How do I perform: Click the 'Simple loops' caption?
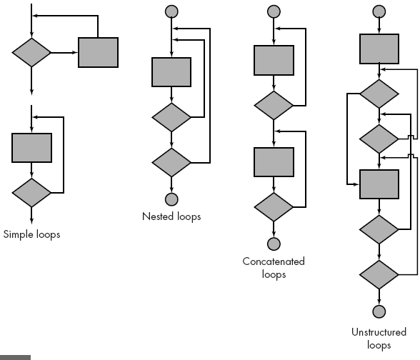[x=32, y=234]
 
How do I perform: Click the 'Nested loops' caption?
[x=171, y=216]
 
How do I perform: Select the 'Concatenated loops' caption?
[x=274, y=267]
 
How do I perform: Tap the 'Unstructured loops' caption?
[x=379, y=339]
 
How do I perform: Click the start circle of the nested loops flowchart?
[x=171, y=11]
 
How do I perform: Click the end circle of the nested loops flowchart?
[x=171, y=199]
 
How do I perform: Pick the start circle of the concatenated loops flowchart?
[x=274, y=11]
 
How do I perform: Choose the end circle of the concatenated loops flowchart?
[x=274, y=244]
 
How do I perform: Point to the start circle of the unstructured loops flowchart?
[x=379, y=11]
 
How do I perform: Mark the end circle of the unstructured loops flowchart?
[x=379, y=311]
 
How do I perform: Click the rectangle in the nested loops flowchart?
[x=171, y=72]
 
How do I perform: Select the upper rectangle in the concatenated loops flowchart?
[x=274, y=60]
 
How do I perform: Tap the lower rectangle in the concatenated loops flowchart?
[x=274, y=162]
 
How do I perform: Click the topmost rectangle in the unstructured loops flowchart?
[x=379, y=49]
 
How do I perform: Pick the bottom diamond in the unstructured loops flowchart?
[x=379, y=274]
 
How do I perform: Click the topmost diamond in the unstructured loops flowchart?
[x=379, y=94]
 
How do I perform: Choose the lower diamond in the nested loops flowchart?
[x=171, y=162]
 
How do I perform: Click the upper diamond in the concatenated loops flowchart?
[x=274, y=105]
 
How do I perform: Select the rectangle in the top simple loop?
[x=98, y=51]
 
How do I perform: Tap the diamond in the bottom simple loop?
[x=32, y=192]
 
